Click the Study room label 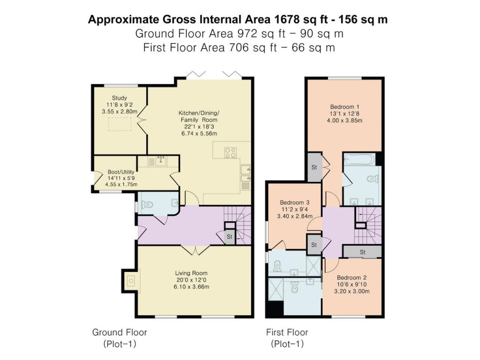120,98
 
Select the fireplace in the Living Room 130,281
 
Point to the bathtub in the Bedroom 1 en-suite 359,160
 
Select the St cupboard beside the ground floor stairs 230,237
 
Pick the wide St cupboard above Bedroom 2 362,252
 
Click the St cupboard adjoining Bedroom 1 314,167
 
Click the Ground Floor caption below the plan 120,332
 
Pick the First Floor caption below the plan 287,332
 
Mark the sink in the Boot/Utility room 157,162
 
